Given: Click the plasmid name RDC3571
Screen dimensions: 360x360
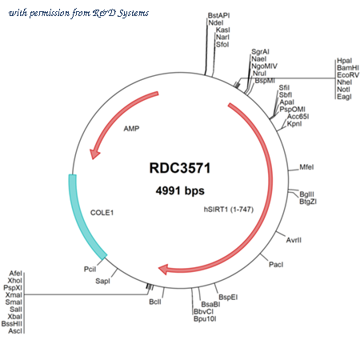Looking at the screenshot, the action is (x=180, y=168).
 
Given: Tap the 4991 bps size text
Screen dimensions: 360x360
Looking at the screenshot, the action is (x=180, y=190).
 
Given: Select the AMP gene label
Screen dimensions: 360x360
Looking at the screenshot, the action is (x=131, y=129).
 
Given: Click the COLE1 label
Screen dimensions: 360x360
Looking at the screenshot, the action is (x=102, y=213).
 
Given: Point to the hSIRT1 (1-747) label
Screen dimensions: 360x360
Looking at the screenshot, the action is (x=229, y=210).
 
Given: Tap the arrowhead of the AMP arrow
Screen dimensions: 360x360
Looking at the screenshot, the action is (x=94, y=154).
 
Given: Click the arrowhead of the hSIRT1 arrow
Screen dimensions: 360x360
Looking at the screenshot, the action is (x=163, y=269).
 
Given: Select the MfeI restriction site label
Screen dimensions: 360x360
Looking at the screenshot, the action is (x=306, y=167).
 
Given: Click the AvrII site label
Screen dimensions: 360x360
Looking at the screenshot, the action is (x=294, y=240).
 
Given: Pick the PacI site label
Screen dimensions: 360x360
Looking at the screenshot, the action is (x=276, y=265).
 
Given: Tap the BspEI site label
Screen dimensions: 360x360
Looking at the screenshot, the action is (x=228, y=297).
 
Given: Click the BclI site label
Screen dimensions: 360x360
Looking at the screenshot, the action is (x=155, y=302).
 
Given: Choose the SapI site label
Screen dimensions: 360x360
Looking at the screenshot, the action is (x=102, y=281).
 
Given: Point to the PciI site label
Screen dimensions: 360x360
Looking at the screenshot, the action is (x=90, y=270).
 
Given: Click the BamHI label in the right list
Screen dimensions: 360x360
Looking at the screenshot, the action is (x=348, y=68).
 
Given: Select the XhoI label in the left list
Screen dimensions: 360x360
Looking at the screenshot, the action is (x=15, y=281).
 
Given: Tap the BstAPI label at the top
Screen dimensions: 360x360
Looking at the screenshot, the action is (x=218, y=15).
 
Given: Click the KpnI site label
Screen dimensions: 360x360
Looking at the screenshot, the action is (x=294, y=124).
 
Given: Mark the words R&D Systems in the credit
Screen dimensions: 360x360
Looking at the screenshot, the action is (x=121, y=13).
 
